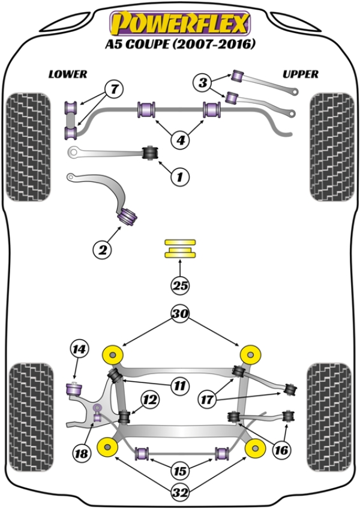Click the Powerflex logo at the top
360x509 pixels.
pyautogui.click(x=179, y=22)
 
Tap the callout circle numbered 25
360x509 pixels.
pyautogui.click(x=179, y=285)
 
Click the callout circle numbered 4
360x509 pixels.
pyautogui.click(x=179, y=140)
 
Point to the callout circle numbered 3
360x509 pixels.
pyautogui.click(x=203, y=82)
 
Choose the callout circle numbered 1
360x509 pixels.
pyautogui.click(x=179, y=176)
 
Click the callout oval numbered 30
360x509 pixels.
pyautogui.click(x=179, y=313)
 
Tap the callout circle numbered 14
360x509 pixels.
pyautogui.click(x=79, y=349)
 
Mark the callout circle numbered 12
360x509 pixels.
pyautogui.click(x=150, y=398)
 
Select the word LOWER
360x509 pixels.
pyautogui.click(x=68, y=74)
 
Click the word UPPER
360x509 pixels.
pyautogui.click(x=301, y=74)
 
